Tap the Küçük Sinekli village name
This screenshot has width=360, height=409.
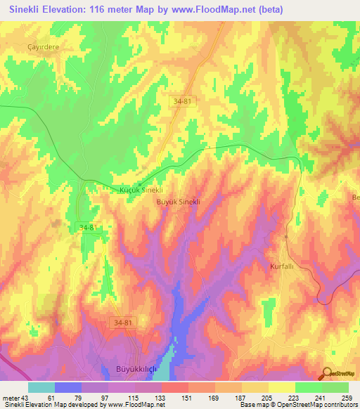click(x=139, y=190)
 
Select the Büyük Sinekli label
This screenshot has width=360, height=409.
click(x=179, y=201)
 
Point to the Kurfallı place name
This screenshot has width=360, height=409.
click(x=285, y=267)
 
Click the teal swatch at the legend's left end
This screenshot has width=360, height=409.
click(x=41, y=387)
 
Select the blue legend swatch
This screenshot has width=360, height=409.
click(x=68, y=387)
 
